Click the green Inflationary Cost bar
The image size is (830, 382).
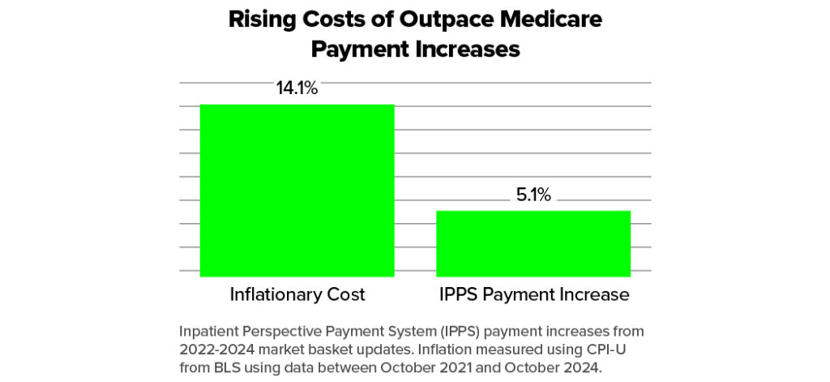pyautogui.click(x=297, y=190)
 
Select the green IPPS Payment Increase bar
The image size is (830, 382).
pyautogui.click(x=533, y=243)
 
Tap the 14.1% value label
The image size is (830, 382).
pyautogui.click(x=297, y=88)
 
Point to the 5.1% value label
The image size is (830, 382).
pyautogui.click(x=533, y=195)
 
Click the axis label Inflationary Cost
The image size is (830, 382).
pyautogui.click(x=297, y=294)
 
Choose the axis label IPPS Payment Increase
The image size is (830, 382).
pyautogui.click(x=533, y=294)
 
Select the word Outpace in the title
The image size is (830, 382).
pyautogui.click(x=439, y=20)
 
